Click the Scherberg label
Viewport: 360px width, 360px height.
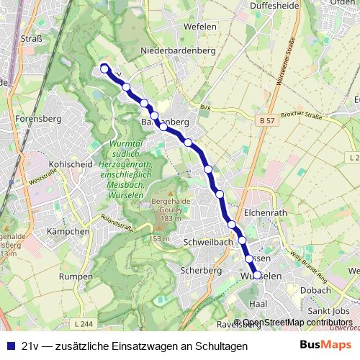[202, 270]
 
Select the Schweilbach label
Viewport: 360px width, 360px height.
[207, 242]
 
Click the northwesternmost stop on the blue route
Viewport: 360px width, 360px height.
[104, 69]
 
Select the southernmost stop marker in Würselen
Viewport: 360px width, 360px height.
[257, 275]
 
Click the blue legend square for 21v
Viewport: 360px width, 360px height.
[9, 346]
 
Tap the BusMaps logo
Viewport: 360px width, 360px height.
[325, 346]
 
